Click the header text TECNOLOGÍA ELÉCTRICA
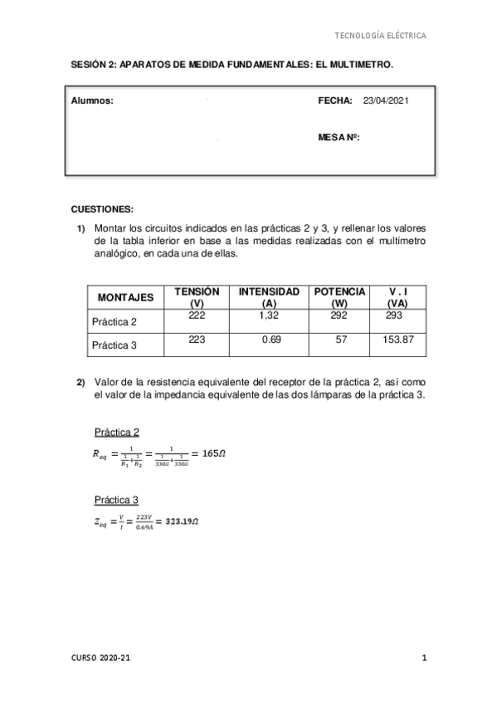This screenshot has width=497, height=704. click(x=379, y=36)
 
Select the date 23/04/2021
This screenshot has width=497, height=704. click(x=386, y=100)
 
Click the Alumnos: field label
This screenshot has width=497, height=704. click(x=91, y=100)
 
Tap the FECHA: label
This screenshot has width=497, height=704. click(x=335, y=100)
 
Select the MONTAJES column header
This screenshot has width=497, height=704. click(x=125, y=297)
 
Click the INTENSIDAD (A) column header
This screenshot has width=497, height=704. click(x=269, y=297)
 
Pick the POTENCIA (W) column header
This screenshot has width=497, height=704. click(x=339, y=297)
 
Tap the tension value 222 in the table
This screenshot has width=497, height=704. click(x=197, y=315)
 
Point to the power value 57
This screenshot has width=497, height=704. click(x=339, y=340)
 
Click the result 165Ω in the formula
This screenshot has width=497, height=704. click(x=207, y=453)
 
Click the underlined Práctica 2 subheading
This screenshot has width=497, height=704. click(x=116, y=432)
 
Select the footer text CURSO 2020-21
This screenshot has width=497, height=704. click(x=100, y=658)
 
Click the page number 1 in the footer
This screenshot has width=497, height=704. click(x=424, y=658)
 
